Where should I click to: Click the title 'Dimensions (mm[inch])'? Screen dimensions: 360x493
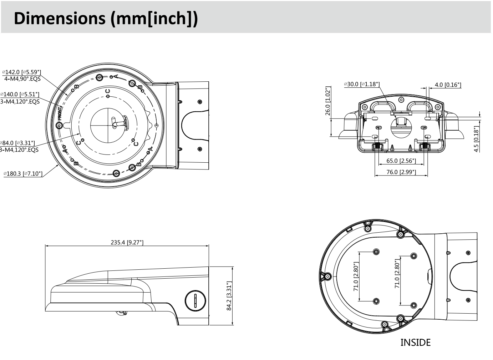[x=106, y=18]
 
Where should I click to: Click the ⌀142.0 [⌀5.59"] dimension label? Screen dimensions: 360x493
[x=21, y=72]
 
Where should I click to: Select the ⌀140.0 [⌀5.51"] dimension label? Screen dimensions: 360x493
[x=20, y=95]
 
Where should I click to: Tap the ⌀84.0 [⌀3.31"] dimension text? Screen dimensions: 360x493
[x=18, y=143]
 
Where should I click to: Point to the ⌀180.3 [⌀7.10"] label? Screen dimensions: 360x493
[x=23, y=174]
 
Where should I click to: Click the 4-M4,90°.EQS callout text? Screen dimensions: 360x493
[x=22, y=79]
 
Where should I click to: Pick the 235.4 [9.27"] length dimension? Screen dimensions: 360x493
[x=127, y=242]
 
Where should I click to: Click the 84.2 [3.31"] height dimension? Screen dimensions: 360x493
[x=229, y=296]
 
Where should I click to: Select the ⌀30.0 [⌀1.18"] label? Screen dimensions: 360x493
[x=362, y=84]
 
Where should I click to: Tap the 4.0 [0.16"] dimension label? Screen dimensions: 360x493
[x=448, y=85]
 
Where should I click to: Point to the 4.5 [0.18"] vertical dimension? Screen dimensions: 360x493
[x=477, y=139]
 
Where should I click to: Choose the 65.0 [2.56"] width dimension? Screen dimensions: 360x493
[x=401, y=161]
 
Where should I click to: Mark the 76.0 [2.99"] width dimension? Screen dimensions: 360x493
[x=401, y=172]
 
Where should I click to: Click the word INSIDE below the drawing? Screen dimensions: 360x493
[x=415, y=343]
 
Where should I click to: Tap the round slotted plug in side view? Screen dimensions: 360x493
[x=195, y=300]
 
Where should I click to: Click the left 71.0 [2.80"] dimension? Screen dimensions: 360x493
[x=356, y=277]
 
